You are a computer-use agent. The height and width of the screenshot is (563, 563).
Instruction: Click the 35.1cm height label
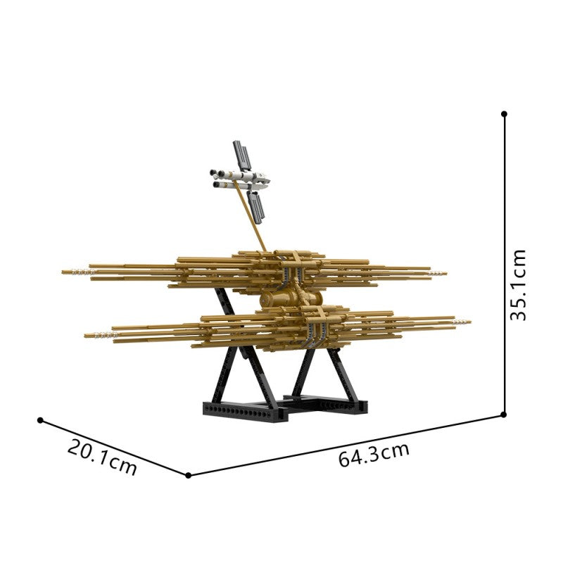pyautogui.click(x=518, y=284)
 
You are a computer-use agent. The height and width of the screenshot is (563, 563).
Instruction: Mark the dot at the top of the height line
pyautogui.click(x=504, y=114)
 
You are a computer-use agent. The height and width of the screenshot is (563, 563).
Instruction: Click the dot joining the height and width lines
pyautogui.click(x=503, y=415)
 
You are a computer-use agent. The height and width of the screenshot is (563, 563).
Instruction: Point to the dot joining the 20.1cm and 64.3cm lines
pyautogui.click(x=189, y=476)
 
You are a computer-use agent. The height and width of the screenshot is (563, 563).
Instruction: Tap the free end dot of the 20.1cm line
pyautogui.click(x=40, y=420)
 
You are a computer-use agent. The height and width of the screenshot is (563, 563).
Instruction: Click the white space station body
pyautogui.click(x=240, y=179)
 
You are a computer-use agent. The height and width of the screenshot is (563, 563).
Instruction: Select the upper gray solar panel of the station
pyautogui.click(x=241, y=155)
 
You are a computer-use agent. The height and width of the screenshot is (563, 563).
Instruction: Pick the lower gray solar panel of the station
pyautogui.click(x=256, y=205)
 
